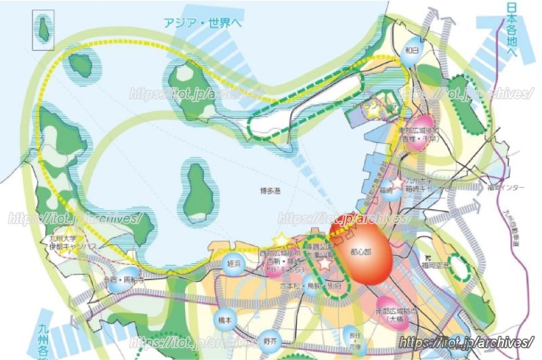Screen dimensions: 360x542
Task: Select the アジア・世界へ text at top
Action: (x=203, y=22)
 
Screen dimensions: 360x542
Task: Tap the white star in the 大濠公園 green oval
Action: (x=325, y=264)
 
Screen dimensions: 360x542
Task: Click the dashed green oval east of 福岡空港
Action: (x=461, y=268)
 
